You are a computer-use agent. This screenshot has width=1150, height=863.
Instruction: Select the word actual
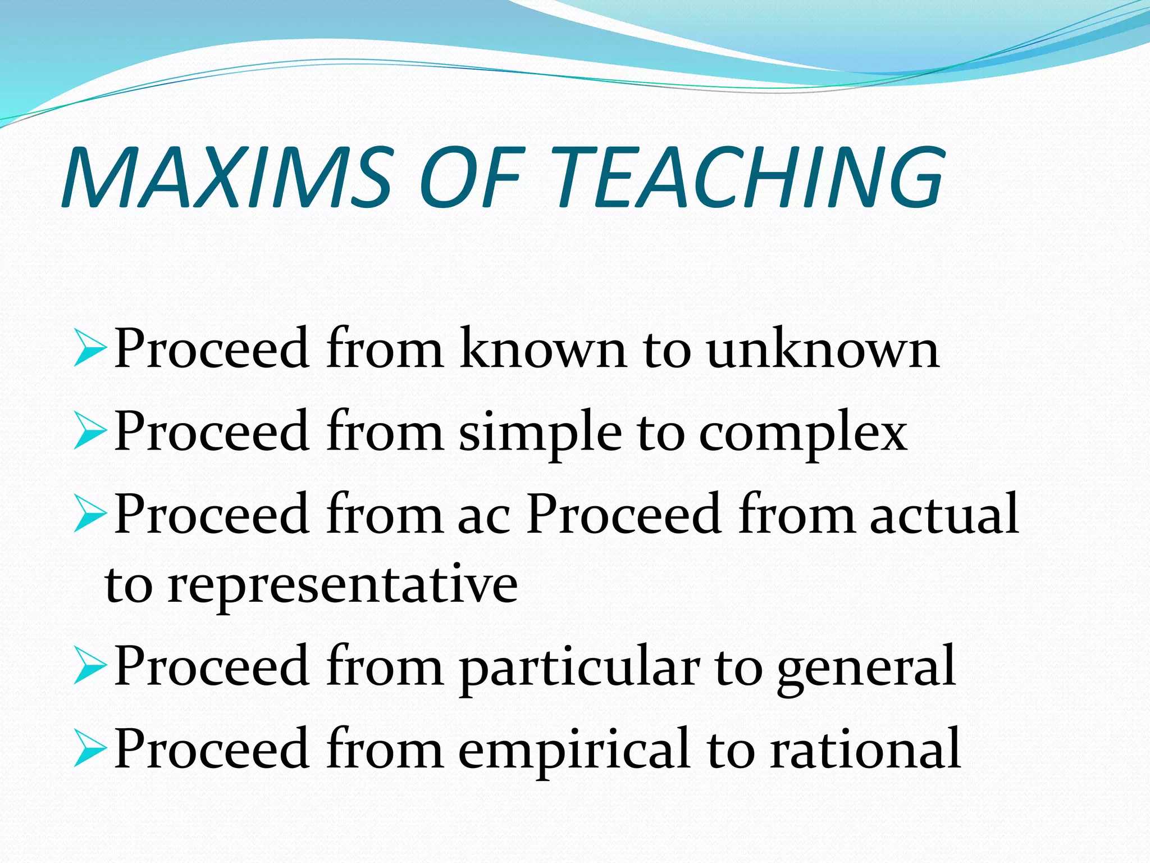(944, 515)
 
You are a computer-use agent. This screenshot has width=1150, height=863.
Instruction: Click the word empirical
(573, 751)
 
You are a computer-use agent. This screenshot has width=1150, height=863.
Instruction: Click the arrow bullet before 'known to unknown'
(89, 349)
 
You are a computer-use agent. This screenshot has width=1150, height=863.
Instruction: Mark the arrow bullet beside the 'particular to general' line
(89, 667)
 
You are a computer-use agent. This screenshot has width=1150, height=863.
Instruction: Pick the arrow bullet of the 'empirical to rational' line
(89, 750)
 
